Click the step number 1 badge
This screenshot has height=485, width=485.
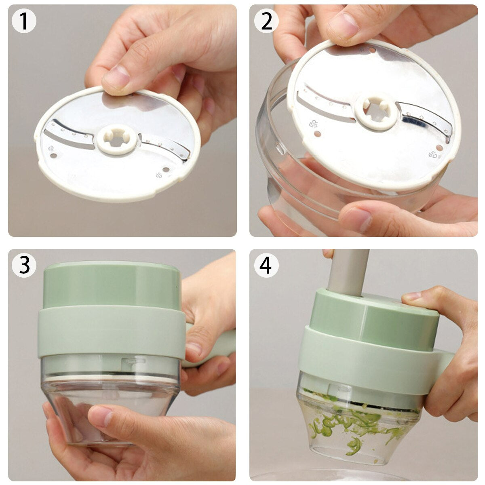[x=24, y=21]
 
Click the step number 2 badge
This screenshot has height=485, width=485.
[x=266, y=21]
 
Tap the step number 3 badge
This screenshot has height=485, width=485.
[x=24, y=265]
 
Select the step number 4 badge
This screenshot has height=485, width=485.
[x=266, y=265]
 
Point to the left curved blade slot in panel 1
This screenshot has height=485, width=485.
[x=69, y=133]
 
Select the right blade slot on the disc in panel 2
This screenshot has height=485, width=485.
[x=424, y=119]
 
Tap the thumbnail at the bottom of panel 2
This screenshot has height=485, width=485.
[x=356, y=218]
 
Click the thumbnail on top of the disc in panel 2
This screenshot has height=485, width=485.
[x=344, y=26]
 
